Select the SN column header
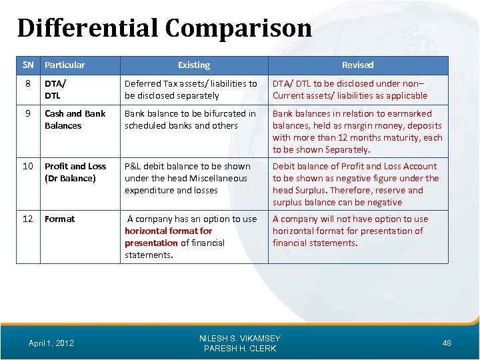(x=28, y=65)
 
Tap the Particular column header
(x=65, y=65)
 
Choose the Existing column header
(x=194, y=65)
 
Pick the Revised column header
(x=357, y=65)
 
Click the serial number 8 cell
(x=28, y=83)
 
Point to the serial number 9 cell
(x=28, y=113)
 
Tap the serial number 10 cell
(x=28, y=166)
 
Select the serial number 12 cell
(x=28, y=219)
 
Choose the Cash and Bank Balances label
(x=75, y=119)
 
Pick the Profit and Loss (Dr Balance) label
(x=75, y=172)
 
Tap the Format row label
(x=59, y=219)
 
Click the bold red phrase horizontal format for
(x=168, y=231)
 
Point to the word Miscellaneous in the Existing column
(x=218, y=178)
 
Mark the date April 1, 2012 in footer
(x=51, y=343)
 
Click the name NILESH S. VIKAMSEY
(x=240, y=339)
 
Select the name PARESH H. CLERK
(x=240, y=349)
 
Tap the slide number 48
(x=447, y=343)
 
